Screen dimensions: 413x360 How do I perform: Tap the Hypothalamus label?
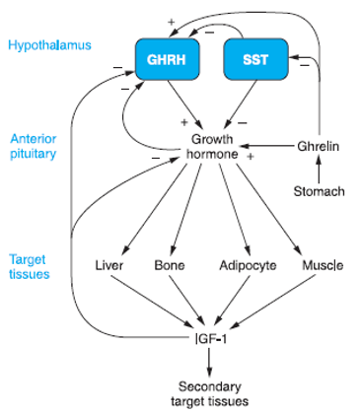(x=42, y=46)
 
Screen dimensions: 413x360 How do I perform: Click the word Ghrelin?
(x=318, y=147)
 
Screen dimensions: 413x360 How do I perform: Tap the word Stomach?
(x=319, y=190)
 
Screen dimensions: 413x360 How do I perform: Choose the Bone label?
(x=170, y=265)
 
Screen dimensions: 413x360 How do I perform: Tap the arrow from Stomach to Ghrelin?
(x=318, y=169)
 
